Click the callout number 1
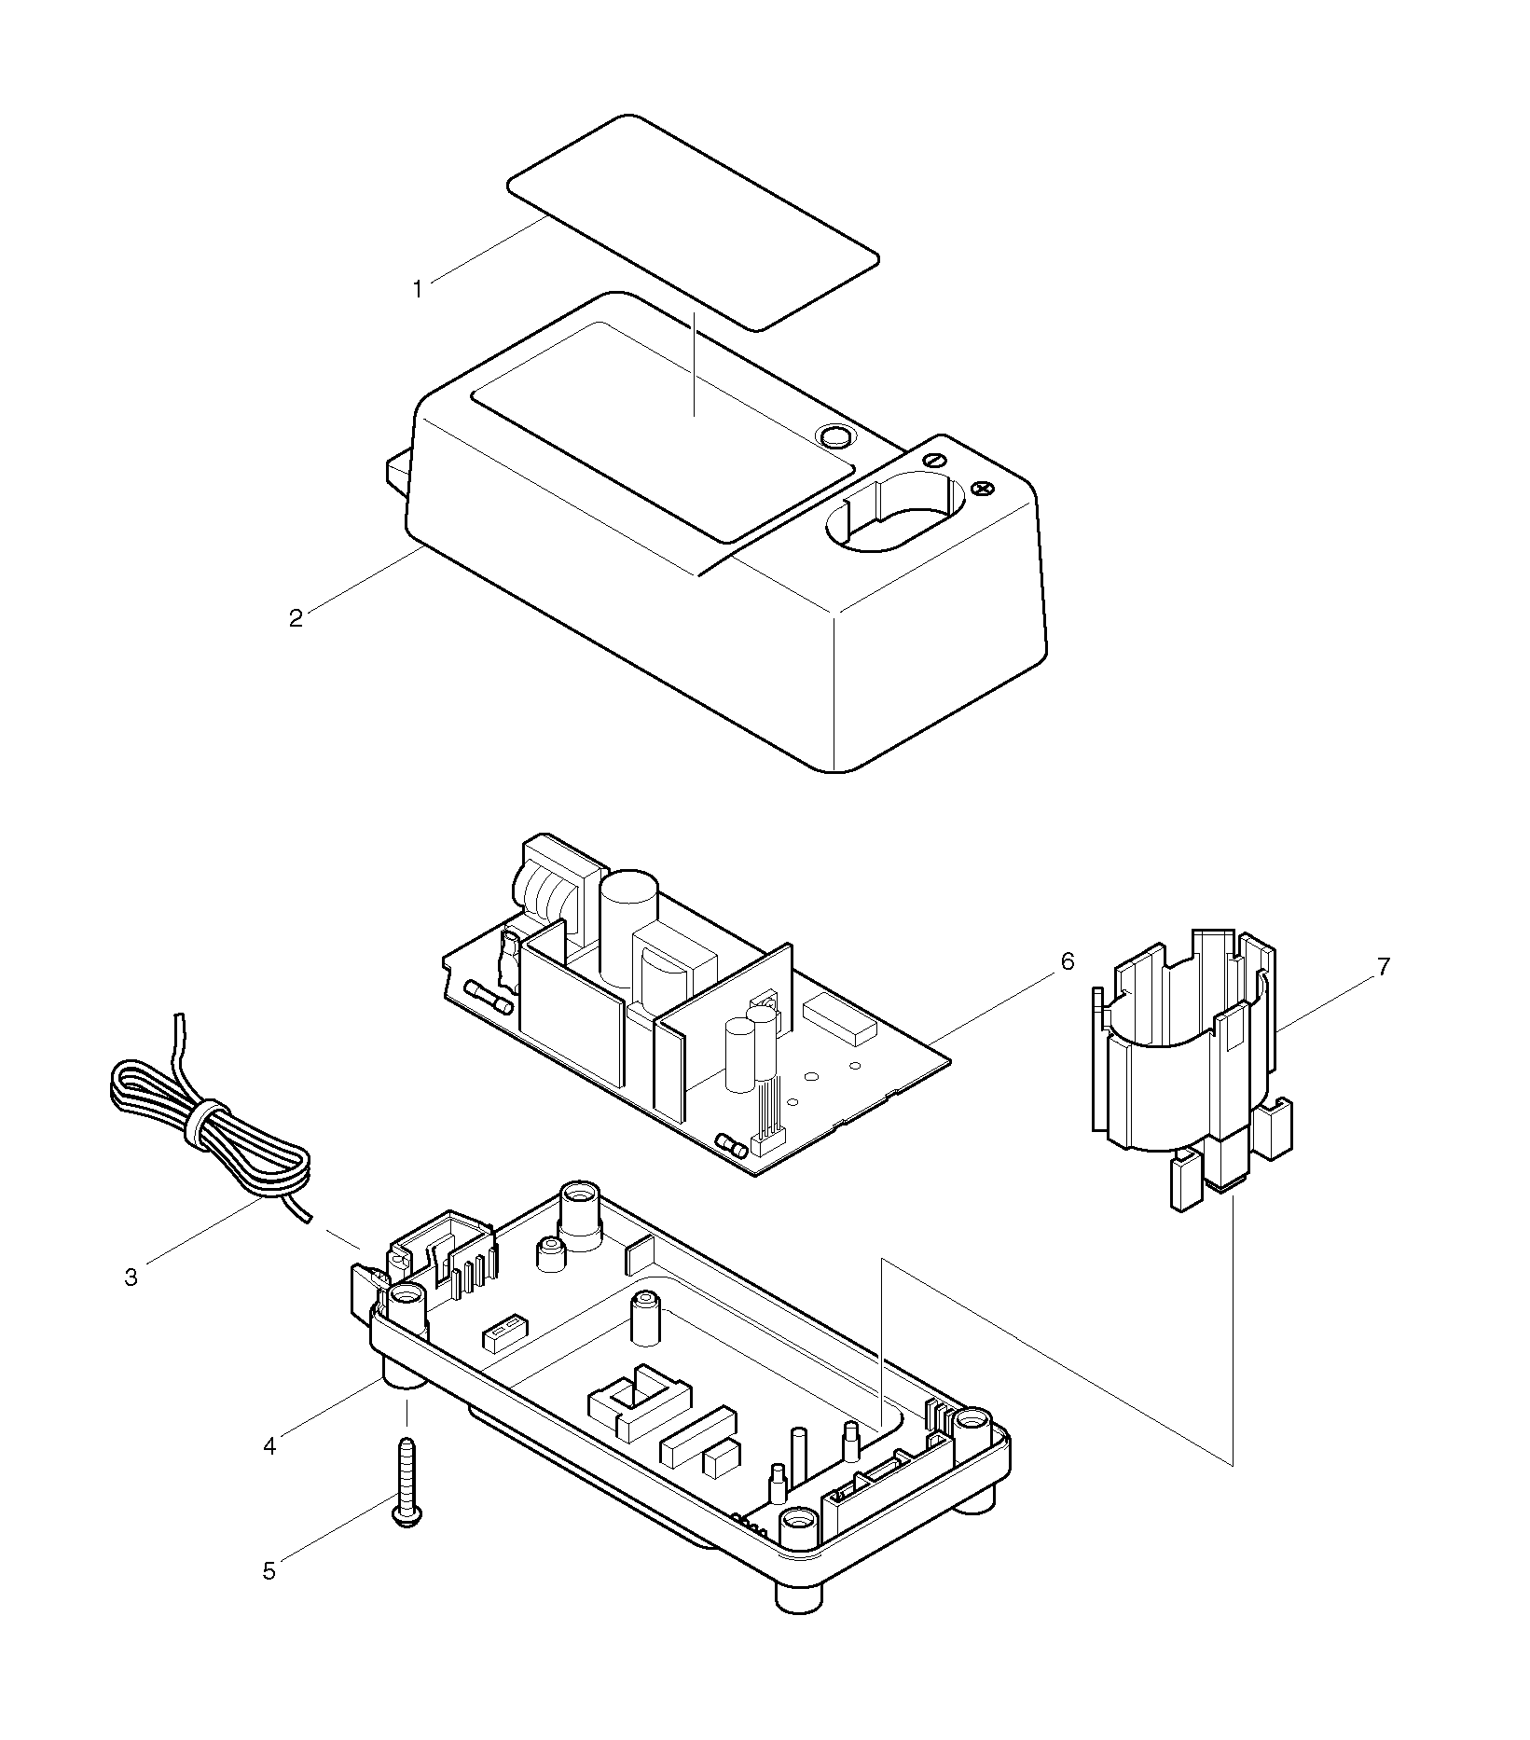[x=418, y=289]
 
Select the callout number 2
[x=296, y=618]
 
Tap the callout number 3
[x=131, y=1277]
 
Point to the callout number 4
[x=269, y=1446]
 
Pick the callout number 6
[x=1067, y=961]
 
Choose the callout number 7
[x=1384, y=967]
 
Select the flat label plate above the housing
[x=694, y=222]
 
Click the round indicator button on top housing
[x=834, y=435]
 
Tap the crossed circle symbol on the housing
[x=981, y=488]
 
